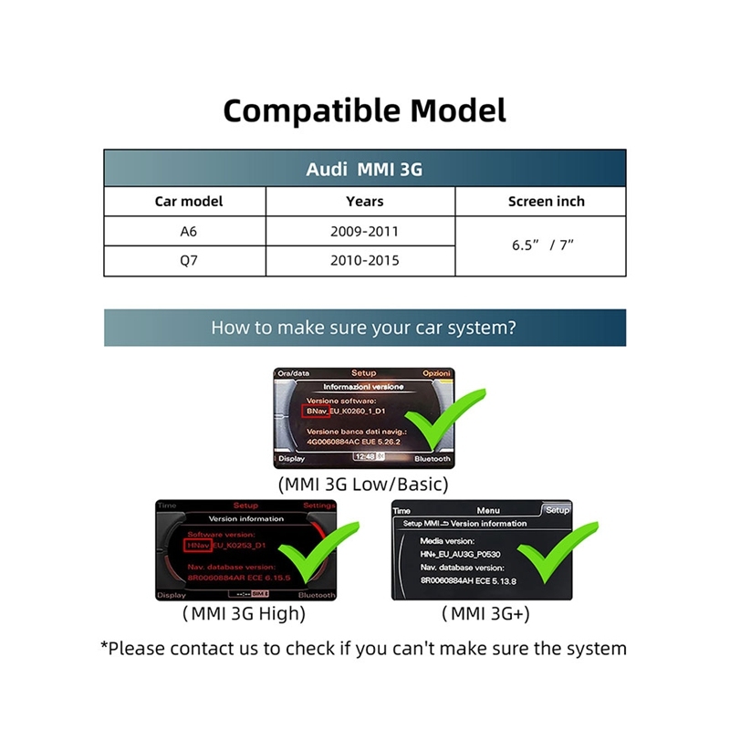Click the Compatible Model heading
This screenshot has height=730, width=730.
point(364,110)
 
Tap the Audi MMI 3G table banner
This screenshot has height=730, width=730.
point(364,170)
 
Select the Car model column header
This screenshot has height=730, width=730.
point(188,202)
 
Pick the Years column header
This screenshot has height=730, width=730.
point(364,202)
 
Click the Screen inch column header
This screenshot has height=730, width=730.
point(546,202)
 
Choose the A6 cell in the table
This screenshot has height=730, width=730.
point(188,232)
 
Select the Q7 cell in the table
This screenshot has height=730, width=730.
point(188,261)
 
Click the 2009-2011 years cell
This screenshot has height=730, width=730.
point(364,232)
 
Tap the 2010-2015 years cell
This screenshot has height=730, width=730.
point(364,261)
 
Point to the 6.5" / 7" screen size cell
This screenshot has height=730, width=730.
point(546,246)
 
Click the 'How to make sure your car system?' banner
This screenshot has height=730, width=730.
point(364,328)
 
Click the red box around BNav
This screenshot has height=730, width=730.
point(316,412)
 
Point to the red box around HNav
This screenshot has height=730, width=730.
point(196,545)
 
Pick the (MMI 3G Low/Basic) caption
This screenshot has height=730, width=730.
point(363,485)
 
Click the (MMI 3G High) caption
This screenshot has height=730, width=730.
point(245,614)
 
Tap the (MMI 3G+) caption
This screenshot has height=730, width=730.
point(485,614)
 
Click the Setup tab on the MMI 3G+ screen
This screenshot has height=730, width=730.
point(557,510)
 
